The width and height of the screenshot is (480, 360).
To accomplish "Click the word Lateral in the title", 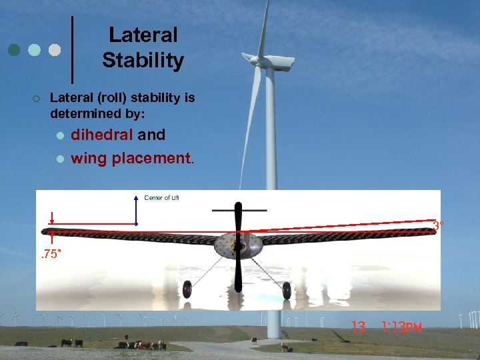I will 143,35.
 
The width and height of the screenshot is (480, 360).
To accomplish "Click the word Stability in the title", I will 143,61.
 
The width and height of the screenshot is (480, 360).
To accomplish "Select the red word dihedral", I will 102,135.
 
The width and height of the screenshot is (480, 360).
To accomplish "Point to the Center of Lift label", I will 161,197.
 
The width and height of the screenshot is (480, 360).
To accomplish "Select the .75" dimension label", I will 51,254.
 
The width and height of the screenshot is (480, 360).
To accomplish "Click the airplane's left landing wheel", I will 187,290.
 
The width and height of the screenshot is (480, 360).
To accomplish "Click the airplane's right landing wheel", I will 287,290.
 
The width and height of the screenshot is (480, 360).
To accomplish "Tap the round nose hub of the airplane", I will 237,247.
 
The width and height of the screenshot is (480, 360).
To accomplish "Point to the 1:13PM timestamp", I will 401,327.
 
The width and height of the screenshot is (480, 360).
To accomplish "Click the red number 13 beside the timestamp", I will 359,327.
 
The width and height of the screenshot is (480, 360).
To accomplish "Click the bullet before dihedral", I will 60,135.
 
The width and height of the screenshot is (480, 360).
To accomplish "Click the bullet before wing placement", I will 60,159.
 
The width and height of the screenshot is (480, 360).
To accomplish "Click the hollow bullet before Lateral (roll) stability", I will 36,99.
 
